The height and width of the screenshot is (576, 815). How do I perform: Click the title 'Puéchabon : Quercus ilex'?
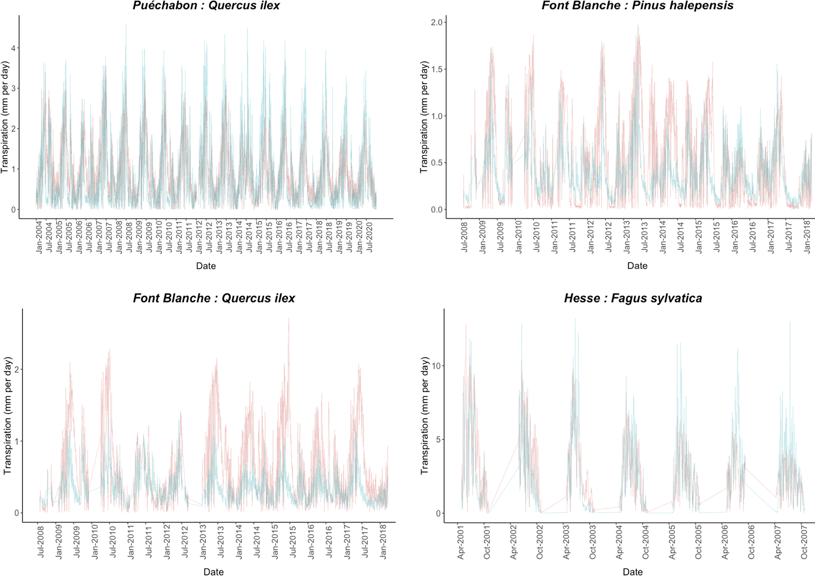click(x=206, y=6)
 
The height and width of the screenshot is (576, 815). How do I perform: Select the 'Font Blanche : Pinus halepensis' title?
click(x=637, y=6)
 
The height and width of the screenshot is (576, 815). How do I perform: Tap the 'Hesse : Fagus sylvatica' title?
click(x=633, y=298)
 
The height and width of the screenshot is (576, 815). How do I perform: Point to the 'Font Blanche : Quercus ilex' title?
click(x=214, y=298)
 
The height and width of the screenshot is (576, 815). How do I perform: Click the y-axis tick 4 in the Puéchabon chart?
click(x=13, y=48)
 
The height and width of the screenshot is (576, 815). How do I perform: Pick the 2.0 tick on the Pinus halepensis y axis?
click(x=436, y=22)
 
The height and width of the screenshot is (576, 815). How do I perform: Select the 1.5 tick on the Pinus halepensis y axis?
click(x=436, y=69)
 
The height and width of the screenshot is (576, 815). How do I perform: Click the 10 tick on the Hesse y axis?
click(x=436, y=366)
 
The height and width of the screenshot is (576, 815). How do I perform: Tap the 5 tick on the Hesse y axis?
click(x=438, y=440)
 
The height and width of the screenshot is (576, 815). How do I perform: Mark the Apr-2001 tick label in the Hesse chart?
click(x=461, y=542)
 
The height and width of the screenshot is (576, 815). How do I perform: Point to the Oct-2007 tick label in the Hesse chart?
click(x=804, y=542)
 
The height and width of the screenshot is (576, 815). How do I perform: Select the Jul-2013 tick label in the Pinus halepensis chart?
click(x=645, y=237)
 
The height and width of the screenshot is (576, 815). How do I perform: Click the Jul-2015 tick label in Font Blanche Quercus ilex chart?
click(x=293, y=542)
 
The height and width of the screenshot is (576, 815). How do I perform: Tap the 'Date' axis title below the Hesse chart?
click(x=632, y=572)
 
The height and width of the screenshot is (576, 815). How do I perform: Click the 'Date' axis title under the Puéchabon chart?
click(x=206, y=266)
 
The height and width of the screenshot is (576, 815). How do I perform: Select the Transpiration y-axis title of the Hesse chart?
click(x=424, y=416)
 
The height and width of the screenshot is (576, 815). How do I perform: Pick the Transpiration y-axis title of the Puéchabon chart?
click(x=5, y=117)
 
